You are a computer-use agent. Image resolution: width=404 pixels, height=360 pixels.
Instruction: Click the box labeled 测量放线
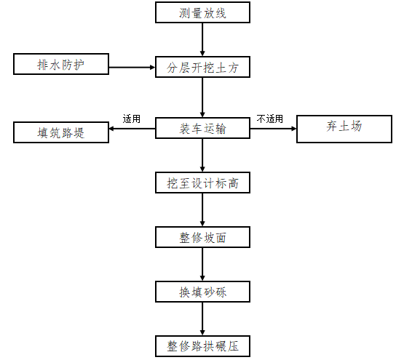click(202, 12)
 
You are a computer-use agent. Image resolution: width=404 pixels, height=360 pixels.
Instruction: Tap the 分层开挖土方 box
click(202, 68)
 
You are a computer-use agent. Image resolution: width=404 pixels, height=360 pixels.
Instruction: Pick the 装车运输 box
click(202, 129)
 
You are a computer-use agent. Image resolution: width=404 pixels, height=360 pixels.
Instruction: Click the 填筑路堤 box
click(61, 132)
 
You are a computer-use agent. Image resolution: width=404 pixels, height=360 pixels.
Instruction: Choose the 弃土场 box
click(344, 127)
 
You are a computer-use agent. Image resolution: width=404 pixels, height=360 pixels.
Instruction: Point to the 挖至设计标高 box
click(202, 183)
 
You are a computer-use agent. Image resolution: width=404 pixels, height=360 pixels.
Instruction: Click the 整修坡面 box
click(202, 237)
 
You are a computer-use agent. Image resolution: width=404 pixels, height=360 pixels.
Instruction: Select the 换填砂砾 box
click(202, 292)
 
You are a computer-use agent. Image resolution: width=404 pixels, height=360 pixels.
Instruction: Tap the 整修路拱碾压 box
click(202, 345)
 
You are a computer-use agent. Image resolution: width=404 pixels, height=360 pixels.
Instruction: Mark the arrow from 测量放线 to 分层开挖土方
click(202, 39)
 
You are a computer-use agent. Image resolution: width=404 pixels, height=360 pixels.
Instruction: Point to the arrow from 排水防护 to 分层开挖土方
click(132, 68)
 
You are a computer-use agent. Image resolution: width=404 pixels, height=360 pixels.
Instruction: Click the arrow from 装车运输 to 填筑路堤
click(132, 130)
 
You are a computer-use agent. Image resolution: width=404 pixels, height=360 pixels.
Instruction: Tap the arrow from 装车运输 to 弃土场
click(273, 130)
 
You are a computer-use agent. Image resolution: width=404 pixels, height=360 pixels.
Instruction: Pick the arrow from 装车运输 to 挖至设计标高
click(202, 155)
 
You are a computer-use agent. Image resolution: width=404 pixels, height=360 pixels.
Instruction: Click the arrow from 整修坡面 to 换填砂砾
click(202, 264)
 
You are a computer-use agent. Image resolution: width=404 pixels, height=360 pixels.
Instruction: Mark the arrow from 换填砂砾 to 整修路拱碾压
click(202, 319)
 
